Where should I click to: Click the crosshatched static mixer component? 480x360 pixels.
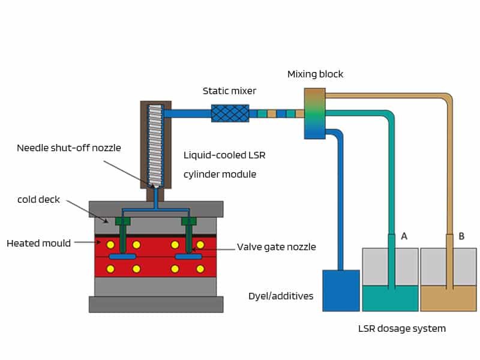[230, 113]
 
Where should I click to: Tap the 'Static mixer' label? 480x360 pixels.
[229, 91]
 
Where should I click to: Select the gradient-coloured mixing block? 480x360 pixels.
[314, 113]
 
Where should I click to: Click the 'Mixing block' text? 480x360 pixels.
[315, 74]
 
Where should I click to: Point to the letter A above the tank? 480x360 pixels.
[404, 236]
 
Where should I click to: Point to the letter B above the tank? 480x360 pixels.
[461, 236]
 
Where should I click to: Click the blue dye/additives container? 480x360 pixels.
[341, 290]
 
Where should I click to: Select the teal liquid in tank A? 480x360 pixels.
[390, 298]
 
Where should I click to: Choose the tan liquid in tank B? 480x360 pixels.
[448, 298]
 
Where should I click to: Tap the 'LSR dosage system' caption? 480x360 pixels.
[402, 329]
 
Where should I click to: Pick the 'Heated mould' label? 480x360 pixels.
[38, 243]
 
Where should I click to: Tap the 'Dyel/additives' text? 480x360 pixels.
[281, 296]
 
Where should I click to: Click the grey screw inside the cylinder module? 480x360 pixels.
[155, 144]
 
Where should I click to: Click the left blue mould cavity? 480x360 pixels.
[122, 257]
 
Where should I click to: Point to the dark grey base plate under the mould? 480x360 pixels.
[156, 304]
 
